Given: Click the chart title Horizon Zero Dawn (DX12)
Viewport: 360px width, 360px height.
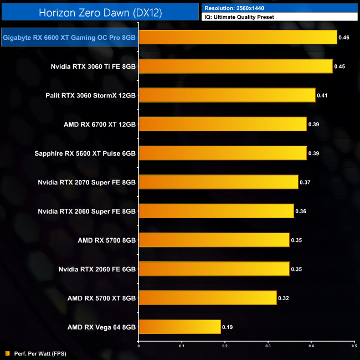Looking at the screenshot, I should pyautogui.click(x=100, y=12).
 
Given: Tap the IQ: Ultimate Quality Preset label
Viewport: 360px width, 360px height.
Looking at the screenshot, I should pyautogui.click(x=239, y=17).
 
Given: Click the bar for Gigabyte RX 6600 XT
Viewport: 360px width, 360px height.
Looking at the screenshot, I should pyautogui.click(x=238, y=38).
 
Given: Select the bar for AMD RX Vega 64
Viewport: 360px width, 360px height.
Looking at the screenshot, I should pyautogui.click(x=179, y=327).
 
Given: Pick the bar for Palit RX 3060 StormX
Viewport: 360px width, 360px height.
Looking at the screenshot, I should pyautogui.click(x=227, y=95).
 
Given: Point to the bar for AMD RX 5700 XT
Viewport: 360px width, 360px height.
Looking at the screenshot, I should pyautogui.click(x=207, y=298).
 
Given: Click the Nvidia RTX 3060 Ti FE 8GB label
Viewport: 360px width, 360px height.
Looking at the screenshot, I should pyautogui.click(x=93, y=66).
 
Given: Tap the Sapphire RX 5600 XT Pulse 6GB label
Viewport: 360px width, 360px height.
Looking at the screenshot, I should pyautogui.click(x=91, y=153).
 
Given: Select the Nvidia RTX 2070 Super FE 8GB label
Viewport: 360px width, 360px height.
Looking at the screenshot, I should pyautogui.click(x=87, y=182).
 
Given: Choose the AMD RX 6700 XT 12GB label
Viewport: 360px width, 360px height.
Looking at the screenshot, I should pyautogui.click(x=100, y=124).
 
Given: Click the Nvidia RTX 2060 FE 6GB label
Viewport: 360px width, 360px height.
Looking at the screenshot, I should pyautogui.click(x=97, y=269).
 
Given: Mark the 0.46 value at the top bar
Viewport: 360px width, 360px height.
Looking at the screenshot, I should pyautogui.click(x=344, y=38).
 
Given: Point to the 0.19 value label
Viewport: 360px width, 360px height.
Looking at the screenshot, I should pyautogui.click(x=227, y=327).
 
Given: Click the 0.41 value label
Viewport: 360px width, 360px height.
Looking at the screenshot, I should pyautogui.click(x=322, y=95).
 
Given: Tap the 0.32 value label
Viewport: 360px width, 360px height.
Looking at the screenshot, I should pyautogui.click(x=283, y=298).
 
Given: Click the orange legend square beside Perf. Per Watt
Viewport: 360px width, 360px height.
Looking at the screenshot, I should pyautogui.click(x=7, y=353).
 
